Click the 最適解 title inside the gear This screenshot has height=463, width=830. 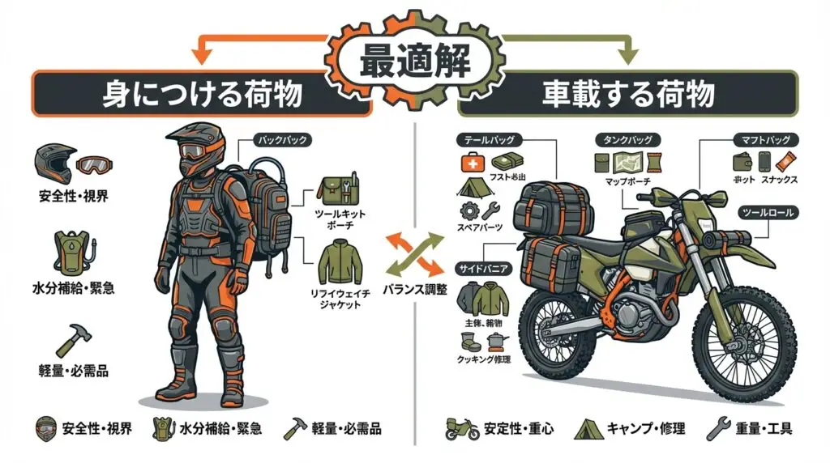[414, 60]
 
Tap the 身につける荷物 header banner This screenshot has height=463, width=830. [202, 94]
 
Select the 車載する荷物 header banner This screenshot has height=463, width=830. [628, 94]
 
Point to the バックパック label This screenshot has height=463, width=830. [280, 140]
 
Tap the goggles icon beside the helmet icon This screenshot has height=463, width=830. [96, 166]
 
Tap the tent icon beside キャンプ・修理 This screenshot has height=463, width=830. [588, 428]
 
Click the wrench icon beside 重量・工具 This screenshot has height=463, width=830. [717, 428]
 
